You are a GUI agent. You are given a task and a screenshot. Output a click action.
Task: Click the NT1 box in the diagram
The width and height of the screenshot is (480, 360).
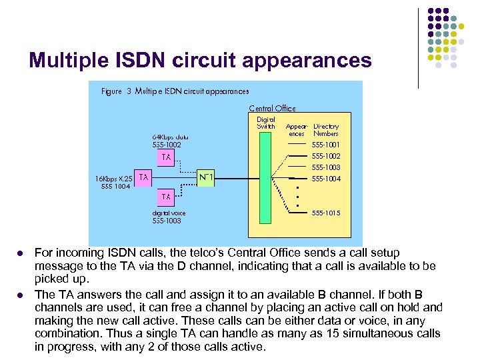coord(206,178)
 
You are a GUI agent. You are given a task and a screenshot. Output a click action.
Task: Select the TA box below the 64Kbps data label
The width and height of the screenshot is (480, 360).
coord(166,158)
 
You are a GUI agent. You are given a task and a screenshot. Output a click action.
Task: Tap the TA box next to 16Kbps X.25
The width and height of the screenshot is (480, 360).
coord(143,177)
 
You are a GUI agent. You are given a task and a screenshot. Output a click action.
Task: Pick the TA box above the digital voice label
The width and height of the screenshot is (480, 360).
coord(166,197)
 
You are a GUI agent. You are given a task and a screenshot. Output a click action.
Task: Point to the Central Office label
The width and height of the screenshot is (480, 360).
coord(272,108)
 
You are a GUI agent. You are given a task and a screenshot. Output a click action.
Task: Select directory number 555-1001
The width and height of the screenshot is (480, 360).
coord(326,144)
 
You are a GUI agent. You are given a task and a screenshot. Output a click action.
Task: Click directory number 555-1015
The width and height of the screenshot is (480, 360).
coord(326,213)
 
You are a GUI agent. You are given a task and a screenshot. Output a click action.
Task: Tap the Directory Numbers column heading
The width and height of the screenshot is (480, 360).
coord(326,129)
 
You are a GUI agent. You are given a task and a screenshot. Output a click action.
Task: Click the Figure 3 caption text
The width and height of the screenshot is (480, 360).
coord(175,91)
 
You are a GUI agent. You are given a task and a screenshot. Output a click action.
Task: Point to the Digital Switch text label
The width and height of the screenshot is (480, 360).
coord(266,123)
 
